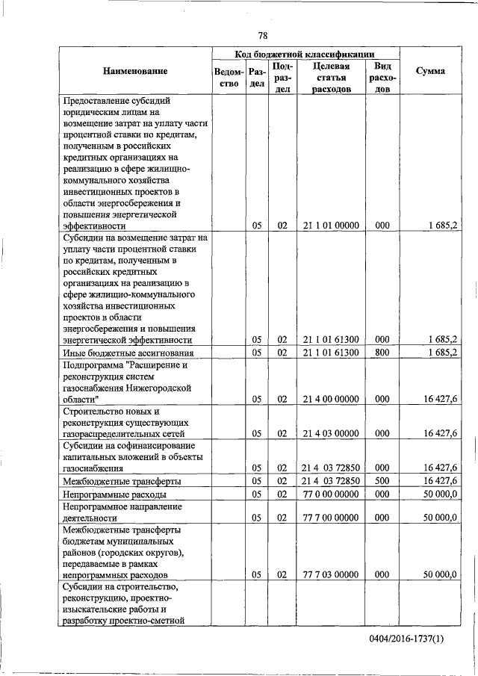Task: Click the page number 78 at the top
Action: coord(263,35)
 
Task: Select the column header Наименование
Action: coord(136,71)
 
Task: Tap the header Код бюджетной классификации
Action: coord(304,54)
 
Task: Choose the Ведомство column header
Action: coord(229,78)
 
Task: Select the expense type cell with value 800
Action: coord(382,352)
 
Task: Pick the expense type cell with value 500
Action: coord(382,480)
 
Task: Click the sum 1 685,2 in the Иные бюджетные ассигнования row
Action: coord(443,352)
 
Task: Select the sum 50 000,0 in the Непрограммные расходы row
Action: coord(440,494)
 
